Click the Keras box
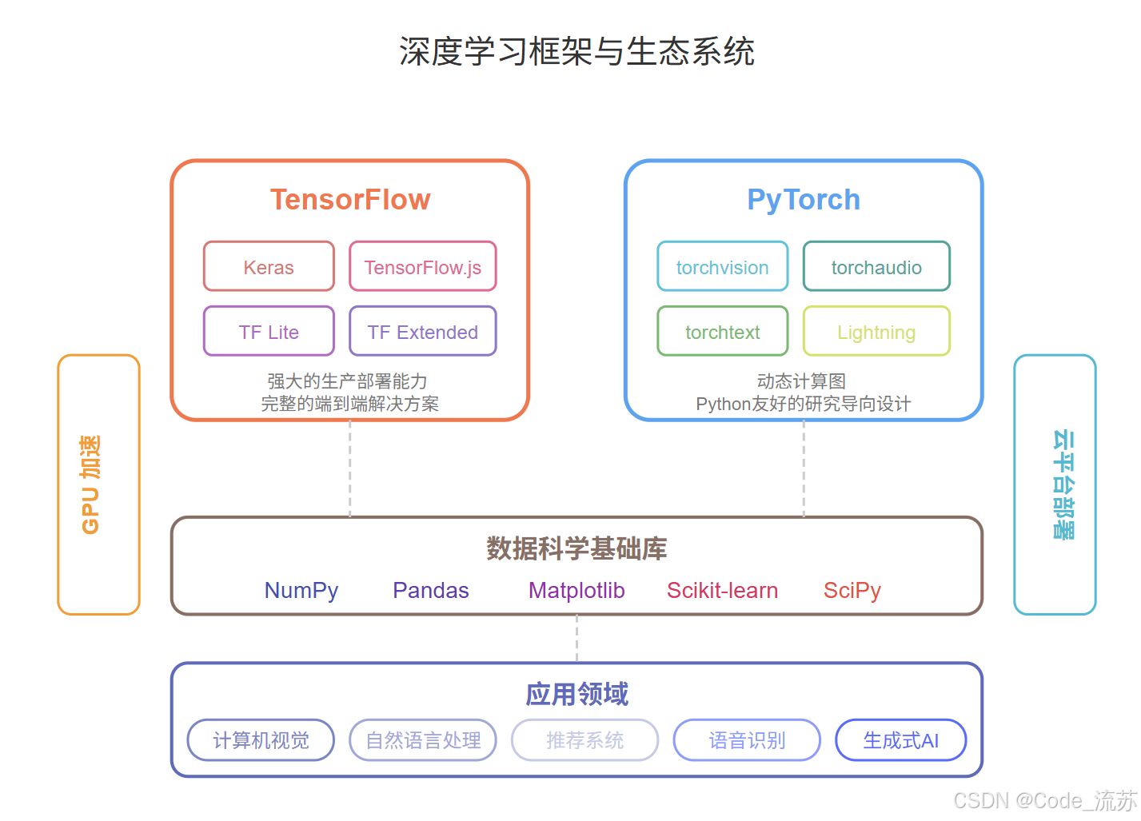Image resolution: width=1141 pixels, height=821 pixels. pos(269,267)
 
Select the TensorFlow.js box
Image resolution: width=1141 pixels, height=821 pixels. pos(423,267)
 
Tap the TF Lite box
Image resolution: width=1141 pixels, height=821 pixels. pos(269,332)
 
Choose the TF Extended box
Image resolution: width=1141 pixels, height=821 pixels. pos(423,332)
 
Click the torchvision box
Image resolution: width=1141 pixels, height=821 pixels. pos(723,267)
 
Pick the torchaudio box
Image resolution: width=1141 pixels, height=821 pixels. pos(876,267)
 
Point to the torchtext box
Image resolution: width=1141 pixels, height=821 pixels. pos(723,332)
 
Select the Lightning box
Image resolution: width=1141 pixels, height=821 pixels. pos(876,332)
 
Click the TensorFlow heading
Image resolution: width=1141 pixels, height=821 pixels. pos(350,199)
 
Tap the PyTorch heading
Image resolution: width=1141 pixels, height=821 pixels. pos(804,199)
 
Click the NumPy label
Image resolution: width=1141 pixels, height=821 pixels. pos(301,590)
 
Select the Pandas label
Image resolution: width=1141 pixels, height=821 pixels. pos(431,590)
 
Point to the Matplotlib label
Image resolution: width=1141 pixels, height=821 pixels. pos(576,590)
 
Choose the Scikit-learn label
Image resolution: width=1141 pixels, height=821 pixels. pos(722,590)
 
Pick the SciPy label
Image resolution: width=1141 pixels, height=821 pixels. pos(852,590)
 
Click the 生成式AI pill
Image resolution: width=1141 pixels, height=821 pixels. pos(901,740)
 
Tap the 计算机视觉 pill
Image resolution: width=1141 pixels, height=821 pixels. pos(261,740)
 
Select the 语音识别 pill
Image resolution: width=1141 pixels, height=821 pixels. pos(747,740)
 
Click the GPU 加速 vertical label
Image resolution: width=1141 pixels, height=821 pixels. pos(90,484)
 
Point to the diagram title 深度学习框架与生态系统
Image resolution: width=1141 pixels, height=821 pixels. pos(576,51)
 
